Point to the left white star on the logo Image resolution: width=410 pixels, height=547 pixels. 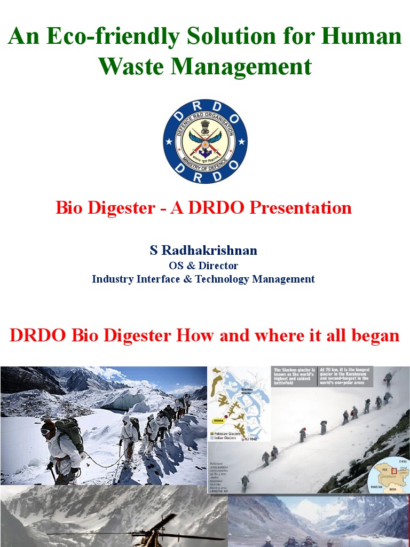point(169,142)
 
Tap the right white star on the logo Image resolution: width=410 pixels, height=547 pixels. point(241,142)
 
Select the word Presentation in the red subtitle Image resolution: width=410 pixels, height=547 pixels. point(301,207)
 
